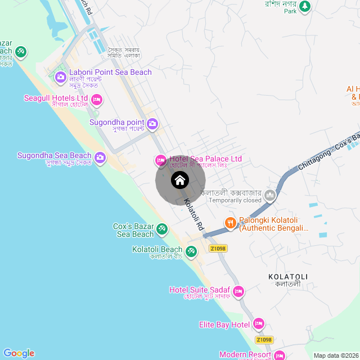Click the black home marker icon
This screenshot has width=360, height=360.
tap(179, 181)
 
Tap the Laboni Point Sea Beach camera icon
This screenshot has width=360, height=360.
tap(61, 76)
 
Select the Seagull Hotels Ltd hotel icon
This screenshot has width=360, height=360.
tap(97, 101)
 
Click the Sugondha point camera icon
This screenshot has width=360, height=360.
tap(152, 123)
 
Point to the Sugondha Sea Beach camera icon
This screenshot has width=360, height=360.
tap(101, 157)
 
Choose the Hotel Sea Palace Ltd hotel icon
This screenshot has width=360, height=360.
tap(161, 160)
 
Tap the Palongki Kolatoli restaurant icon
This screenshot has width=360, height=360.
tap(231, 223)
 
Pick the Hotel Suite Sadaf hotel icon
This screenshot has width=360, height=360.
tap(238, 291)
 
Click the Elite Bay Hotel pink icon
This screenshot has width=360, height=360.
tap(259, 324)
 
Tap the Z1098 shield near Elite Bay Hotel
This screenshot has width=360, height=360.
tap(264, 340)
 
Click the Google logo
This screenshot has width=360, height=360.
tap(19, 353)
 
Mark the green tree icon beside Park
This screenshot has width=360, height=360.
tap(305, 6)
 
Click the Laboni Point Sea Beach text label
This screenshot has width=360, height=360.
tap(110, 72)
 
